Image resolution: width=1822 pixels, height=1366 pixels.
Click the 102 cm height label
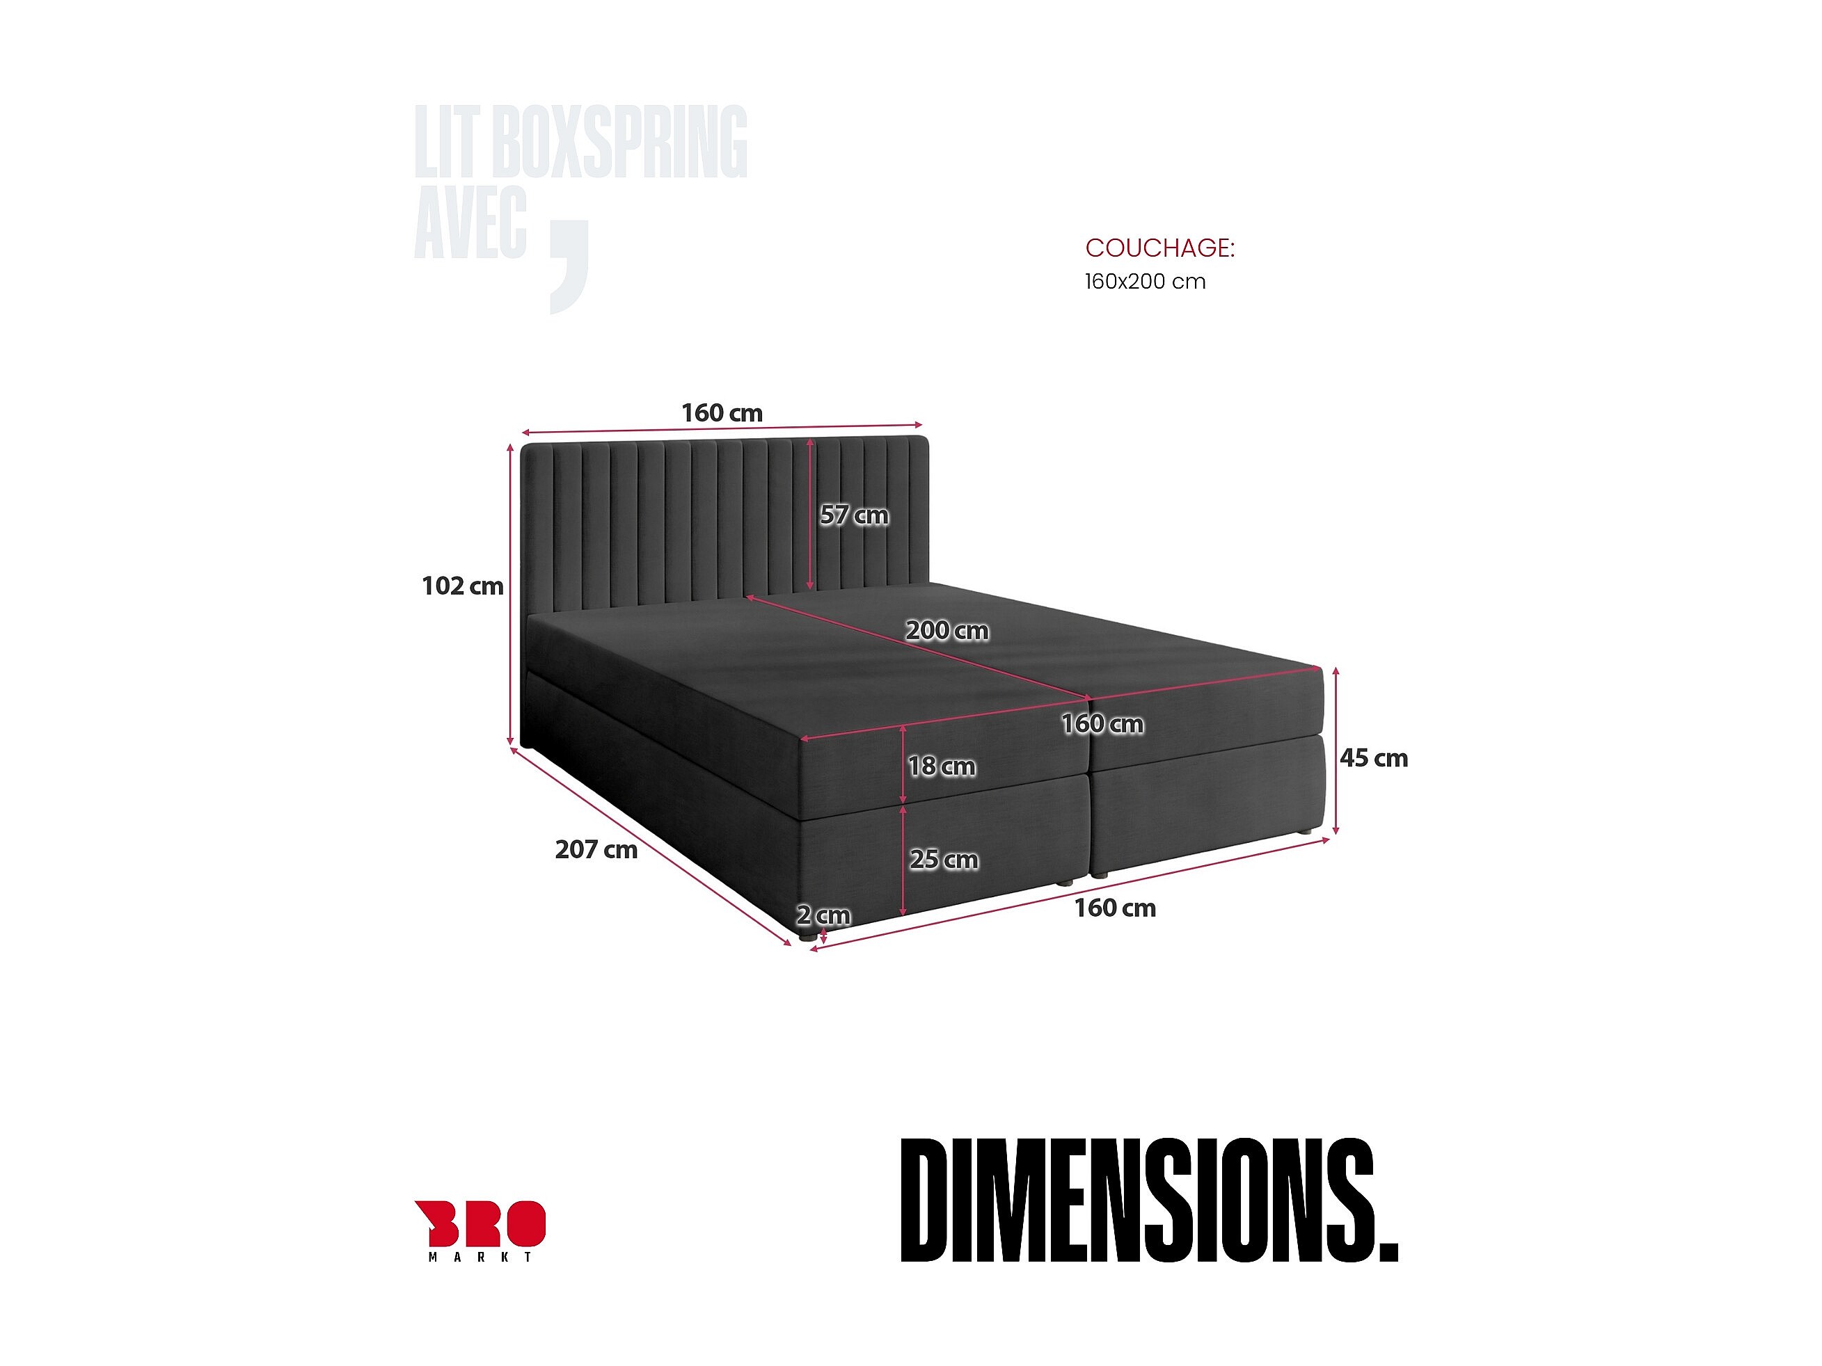pos(462,586)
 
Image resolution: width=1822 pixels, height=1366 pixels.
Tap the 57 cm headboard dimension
pos(854,515)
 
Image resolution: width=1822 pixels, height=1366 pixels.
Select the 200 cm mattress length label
pos(947,631)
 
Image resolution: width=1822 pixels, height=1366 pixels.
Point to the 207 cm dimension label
pos(596,850)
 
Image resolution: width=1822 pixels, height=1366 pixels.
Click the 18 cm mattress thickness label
pos(942,766)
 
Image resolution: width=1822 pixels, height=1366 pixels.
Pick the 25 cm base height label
pos(944,860)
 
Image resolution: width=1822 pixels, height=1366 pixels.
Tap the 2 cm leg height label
pos(823,915)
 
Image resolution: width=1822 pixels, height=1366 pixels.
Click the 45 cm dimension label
pos(1373,758)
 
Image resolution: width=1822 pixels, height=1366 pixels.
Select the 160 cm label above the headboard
pos(722,413)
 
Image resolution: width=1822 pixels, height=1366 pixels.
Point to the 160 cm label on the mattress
pos(1102,725)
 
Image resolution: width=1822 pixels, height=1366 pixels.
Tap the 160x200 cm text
pos(1145,282)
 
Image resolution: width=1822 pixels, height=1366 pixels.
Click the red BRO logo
pos(480,1223)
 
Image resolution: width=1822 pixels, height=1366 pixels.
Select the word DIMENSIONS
pos(1149,1201)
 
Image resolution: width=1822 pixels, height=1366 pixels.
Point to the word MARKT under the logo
pos(480,1257)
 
